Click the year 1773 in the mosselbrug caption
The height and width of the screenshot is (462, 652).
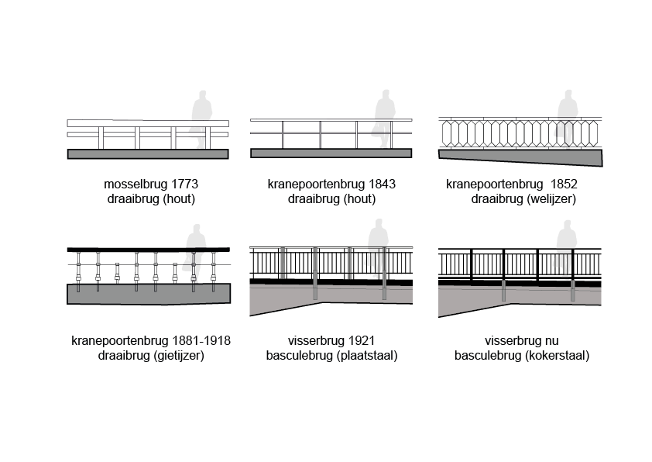point(183,184)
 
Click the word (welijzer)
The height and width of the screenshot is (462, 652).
point(551,199)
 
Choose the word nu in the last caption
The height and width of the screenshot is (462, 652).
point(551,341)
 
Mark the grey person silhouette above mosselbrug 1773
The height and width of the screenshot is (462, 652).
point(201,116)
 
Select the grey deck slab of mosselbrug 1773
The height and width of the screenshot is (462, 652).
point(148,153)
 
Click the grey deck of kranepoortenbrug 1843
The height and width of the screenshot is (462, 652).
point(331,153)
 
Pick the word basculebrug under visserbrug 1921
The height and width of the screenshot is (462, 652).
point(297,356)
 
